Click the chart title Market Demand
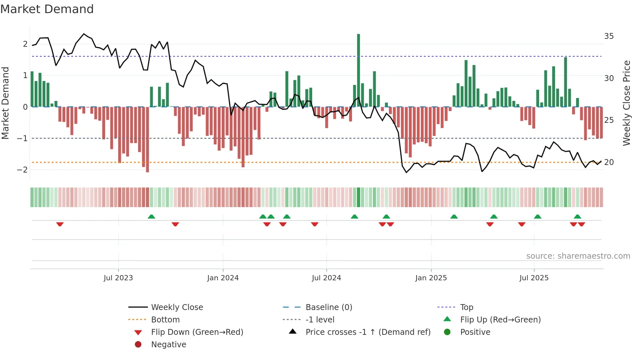tap(47, 9)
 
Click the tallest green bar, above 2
tap(359, 70)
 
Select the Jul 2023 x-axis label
tap(118, 278)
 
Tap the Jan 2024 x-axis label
tap(223, 278)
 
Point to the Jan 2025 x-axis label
tap(431, 278)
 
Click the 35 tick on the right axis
tap(609, 36)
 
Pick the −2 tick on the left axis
tap(23, 170)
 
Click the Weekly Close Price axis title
tap(626, 103)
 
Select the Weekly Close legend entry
tap(177, 307)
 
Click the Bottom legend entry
tap(165, 320)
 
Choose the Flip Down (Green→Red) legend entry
tap(197, 332)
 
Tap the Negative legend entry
tap(168, 345)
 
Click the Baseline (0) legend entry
tap(328, 307)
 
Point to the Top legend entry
tap(467, 307)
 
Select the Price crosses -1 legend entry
tap(368, 332)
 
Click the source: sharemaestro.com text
tap(578, 256)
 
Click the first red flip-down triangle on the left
tap(60, 224)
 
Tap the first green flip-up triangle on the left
tap(151, 217)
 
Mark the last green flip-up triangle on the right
tap(577, 217)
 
